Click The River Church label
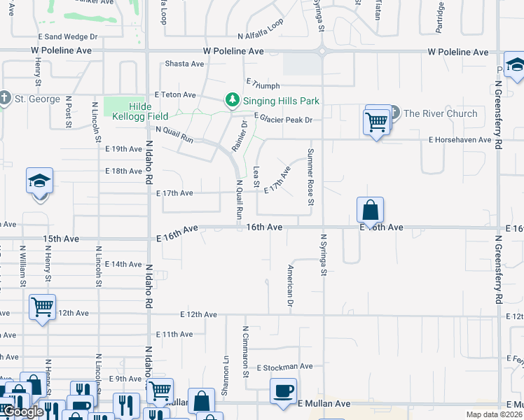coord(440,113)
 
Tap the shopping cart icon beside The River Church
coord(377,123)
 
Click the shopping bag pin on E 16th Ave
coord(370,210)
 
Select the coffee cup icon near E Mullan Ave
coord(283,391)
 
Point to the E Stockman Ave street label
coord(284,367)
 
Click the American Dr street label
coord(290,286)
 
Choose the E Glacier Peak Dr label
coord(282,120)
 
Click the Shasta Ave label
coord(184,64)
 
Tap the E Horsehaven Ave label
coord(460,140)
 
